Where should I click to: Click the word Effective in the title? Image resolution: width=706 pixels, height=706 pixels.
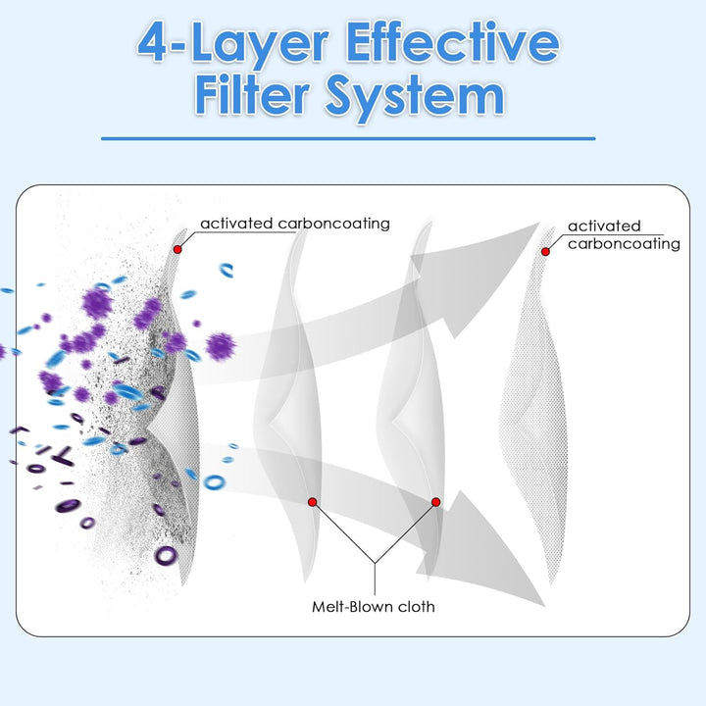coord(452,43)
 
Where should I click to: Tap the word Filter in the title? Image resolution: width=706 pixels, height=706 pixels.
coord(252,95)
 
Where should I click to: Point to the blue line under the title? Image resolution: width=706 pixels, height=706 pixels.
coord(348,138)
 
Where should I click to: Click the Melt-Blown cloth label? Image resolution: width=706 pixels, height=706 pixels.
coord(374,607)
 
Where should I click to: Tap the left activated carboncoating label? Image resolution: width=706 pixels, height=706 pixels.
coord(295,224)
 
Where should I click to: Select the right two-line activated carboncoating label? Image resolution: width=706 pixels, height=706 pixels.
coord(624,234)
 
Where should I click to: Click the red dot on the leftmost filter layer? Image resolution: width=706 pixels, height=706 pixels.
coord(177,249)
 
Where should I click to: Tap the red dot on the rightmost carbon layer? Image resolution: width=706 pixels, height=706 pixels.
coord(545,252)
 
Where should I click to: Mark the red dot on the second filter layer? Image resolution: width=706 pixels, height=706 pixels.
coord(313,502)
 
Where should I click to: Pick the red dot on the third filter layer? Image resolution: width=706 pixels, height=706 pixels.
coord(435,502)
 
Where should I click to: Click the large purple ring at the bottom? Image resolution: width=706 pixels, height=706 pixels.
coord(166,555)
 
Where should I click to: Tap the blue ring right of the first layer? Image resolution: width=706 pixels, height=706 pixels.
coord(214,482)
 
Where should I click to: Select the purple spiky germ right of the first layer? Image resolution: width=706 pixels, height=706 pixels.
coord(221,346)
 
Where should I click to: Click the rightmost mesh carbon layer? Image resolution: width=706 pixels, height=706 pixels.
coord(533,405)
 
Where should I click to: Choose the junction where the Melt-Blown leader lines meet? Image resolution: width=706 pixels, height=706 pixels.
coord(375,563)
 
